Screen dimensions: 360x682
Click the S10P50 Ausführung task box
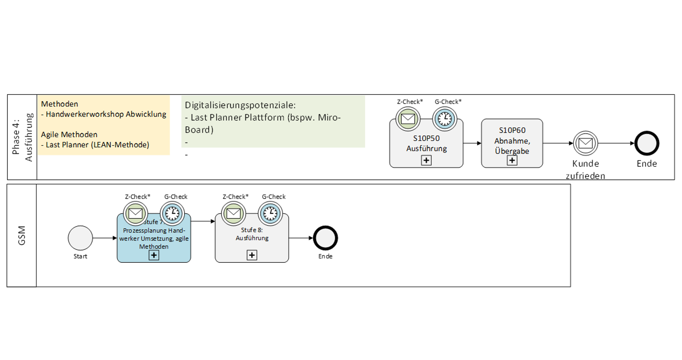click(426, 144)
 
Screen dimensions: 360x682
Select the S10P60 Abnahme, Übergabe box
click(512, 141)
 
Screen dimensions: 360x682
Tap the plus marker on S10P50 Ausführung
click(426, 160)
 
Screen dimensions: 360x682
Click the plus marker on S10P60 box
click(512, 160)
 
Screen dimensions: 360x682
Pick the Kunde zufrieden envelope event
click(586, 143)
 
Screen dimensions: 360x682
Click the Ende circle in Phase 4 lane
click(646, 143)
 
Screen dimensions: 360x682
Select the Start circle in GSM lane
click(80, 238)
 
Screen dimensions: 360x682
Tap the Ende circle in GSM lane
click(325, 238)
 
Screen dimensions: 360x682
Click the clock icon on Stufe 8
click(270, 214)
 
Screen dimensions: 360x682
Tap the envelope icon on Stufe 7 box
click(136, 214)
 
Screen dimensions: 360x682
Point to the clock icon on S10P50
click(445, 119)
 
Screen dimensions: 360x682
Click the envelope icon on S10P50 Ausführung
click(408, 119)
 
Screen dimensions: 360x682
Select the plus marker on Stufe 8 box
click(252, 255)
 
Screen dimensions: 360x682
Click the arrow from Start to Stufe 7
click(105, 238)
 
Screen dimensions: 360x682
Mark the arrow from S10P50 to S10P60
click(472, 143)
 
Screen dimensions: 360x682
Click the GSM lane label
click(22, 235)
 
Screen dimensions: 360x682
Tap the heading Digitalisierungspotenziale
click(240, 105)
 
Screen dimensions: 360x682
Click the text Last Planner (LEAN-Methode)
click(98, 145)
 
